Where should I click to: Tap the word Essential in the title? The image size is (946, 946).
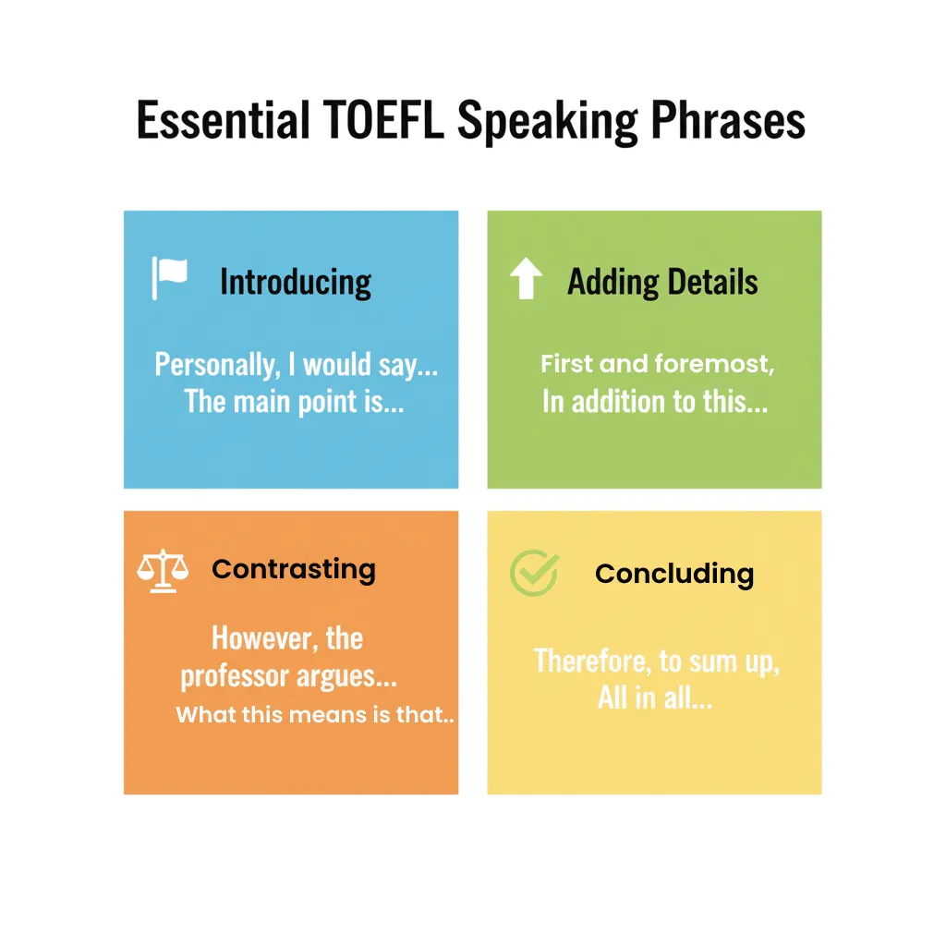(223, 122)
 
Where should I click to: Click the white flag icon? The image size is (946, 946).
(169, 278)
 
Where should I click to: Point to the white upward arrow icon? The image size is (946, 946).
(526, 279)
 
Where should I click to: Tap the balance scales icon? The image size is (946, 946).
(163, 571)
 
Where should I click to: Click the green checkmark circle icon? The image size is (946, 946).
(534, 574)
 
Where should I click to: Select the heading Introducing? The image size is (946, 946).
(296, 282)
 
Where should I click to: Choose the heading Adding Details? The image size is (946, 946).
(662, 282)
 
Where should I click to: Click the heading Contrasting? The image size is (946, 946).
(294, 569)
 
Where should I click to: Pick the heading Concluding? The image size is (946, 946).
(674, 574)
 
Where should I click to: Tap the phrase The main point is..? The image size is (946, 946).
(294, 401)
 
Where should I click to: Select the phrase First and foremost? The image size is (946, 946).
(657, 364)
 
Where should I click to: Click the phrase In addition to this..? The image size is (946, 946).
(655, 402)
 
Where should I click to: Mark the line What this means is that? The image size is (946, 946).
(314, 714)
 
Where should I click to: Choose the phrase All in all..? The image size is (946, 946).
(654, 697)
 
